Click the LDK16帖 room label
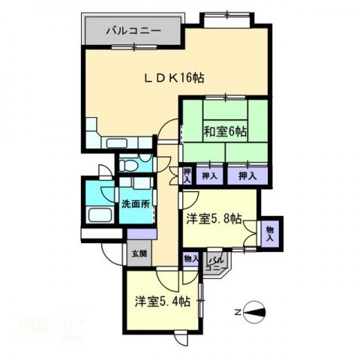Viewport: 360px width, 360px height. click(x=174, y=78)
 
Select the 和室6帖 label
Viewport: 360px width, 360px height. click(x=225, y=132)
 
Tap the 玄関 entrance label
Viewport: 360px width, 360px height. click(x=139, y=253)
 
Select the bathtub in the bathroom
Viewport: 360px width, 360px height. click(x=98, y=215)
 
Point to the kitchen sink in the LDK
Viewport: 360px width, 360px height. click(x=120, y=142)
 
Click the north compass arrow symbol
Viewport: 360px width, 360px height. click(x=257, y=310)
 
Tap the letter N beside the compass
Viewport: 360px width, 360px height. click(x=238, y=310)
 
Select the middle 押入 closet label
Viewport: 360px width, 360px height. click(x=211, y=175)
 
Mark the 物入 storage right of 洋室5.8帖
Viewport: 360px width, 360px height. click(x=269, y=233)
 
